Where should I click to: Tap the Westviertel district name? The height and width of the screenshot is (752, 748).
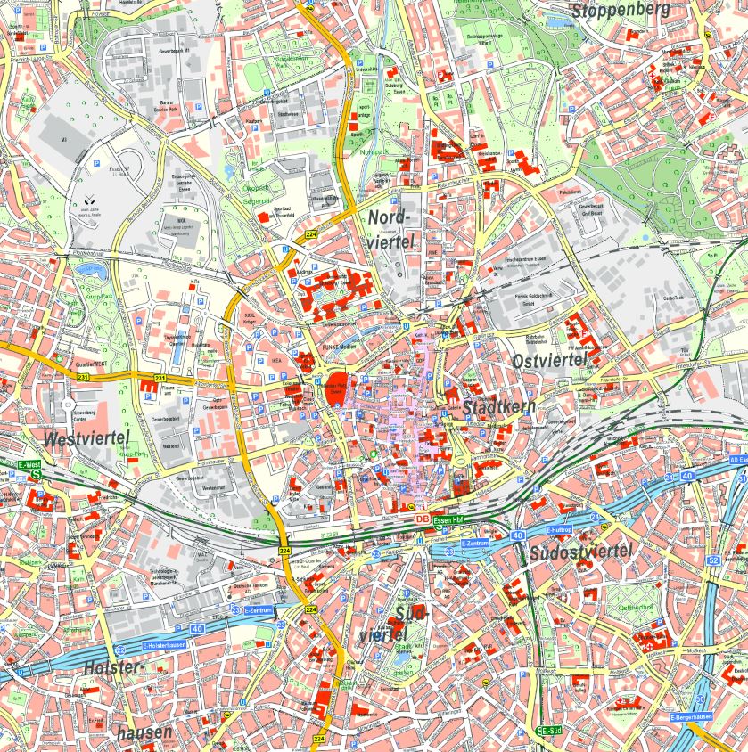click(x=86, y=437)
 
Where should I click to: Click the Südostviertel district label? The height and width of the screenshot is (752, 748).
click(x=580, y=552)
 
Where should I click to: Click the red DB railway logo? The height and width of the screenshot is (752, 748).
click(x=421, y=519)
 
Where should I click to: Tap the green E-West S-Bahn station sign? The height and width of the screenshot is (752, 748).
click(x=29, y=465)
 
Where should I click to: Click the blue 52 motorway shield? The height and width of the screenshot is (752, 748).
click(x=712, y=560)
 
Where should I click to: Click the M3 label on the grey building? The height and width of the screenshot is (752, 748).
click(x=64, y=140)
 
